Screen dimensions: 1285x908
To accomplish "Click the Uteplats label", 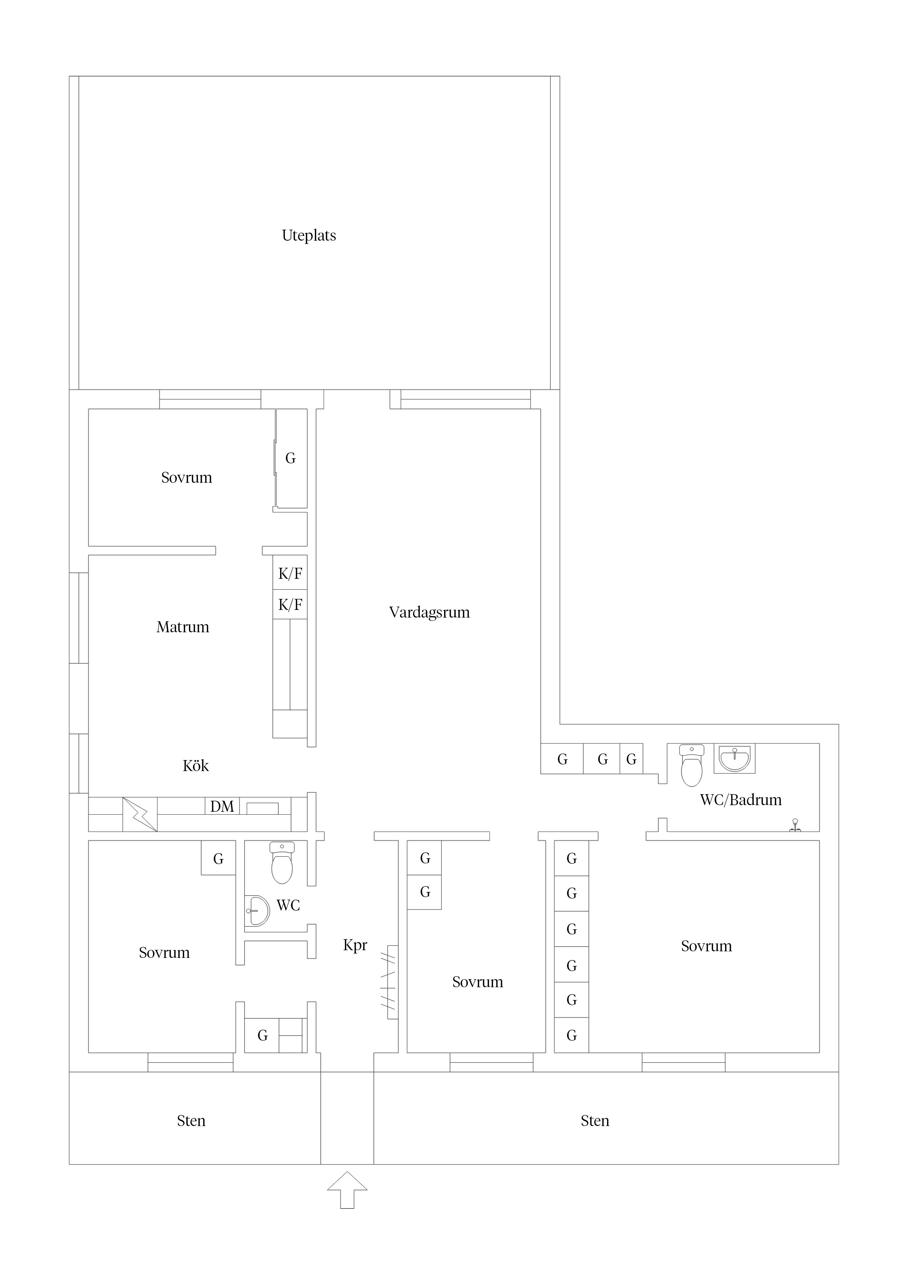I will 309,236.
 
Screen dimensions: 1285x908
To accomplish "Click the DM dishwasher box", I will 222,807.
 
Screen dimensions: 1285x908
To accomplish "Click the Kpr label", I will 355,945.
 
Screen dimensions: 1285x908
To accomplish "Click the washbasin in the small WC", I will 257,911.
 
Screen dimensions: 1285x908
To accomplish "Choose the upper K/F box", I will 290,573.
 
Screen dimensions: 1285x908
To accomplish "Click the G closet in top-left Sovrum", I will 290,458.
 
